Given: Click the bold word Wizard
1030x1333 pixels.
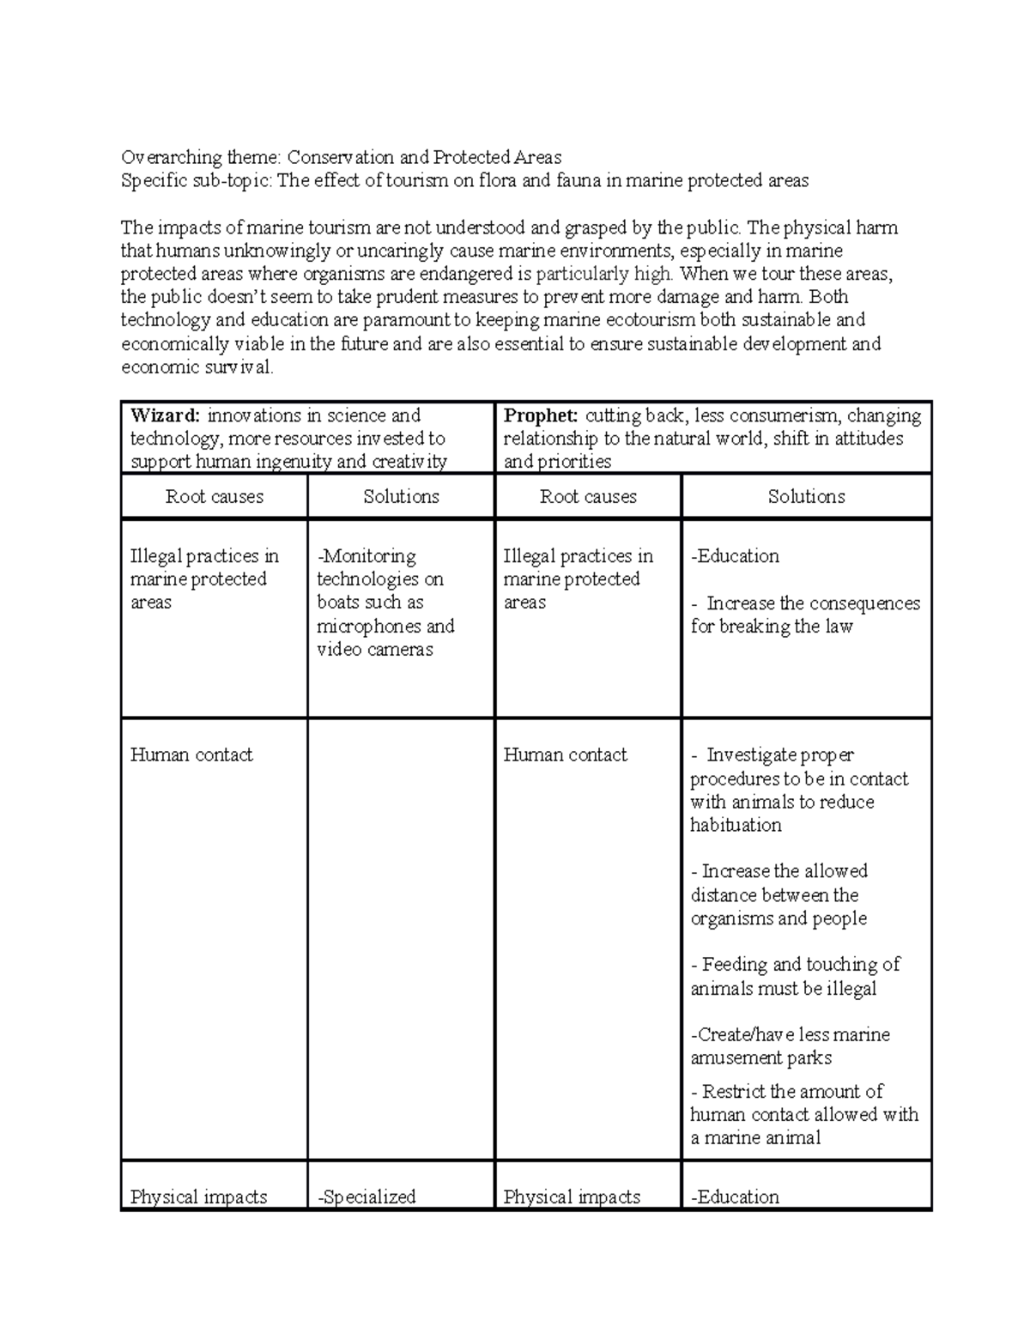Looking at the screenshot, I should [x=164, y=416].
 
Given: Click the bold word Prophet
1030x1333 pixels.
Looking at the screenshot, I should [x=540, y=416].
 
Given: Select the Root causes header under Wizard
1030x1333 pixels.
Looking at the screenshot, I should [x=214, y=497].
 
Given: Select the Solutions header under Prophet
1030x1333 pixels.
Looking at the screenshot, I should [x=806, y=497].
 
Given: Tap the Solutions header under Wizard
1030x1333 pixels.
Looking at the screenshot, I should [x=401, y=497].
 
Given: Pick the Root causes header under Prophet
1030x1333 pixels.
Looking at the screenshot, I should [x=588, y=497].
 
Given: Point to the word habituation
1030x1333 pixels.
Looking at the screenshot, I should [x=736, y=826].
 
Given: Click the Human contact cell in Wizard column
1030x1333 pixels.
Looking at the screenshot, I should [x=191, y=755].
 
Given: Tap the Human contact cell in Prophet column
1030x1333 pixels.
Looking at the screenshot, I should [x=565, y=755].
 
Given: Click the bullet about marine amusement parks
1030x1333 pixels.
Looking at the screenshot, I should [x=790, y=1046].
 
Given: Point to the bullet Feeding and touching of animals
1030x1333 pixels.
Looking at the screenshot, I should [x=795, y=977].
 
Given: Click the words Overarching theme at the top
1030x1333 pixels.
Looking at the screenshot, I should [x=200, y=158].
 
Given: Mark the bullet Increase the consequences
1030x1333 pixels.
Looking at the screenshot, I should [x=804, y=615].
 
